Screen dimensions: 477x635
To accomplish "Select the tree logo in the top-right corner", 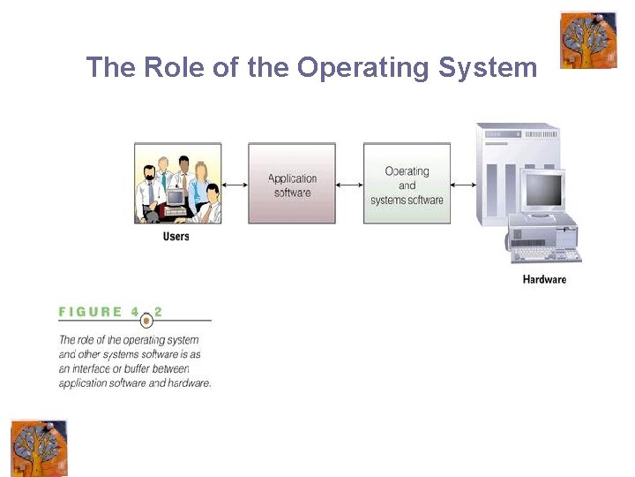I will pyautogui.click(x=588, y=40).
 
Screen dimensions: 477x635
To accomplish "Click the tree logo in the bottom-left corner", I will pyautogui.click(x=39, y=448).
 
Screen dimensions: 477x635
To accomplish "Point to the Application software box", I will pyautogui.click(x=292, y=183).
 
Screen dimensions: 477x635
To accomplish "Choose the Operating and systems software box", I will pyautogui.click(x=407, y=183).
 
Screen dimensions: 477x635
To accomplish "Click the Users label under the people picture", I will pyautogui.click(x=176, y=237).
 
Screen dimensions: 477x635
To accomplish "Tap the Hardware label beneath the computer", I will pyautogui.click(x=544, y=280).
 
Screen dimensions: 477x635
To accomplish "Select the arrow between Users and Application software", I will pyautogui.click(x=235, y=185).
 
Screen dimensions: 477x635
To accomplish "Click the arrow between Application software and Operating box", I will pyautogui.click(x=349, y=185).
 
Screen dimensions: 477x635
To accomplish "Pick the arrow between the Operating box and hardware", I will pyautogui.click(x=464, y=185).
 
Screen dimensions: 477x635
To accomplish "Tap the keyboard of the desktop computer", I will pyautogui.click(x=547, y=254).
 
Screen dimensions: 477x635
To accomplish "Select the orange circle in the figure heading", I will pyautogui.click(x=146, y=321).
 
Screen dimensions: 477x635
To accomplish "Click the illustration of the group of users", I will pyautogui.click(x=177, y=183).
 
